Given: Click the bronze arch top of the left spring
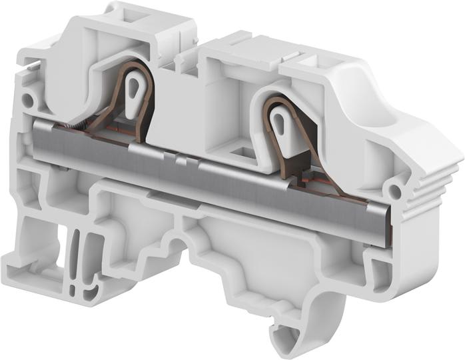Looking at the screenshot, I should pyautogui.click(x=136, y=66).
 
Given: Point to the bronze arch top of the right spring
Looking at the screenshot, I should pyautogui.click(x=280, y=100).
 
